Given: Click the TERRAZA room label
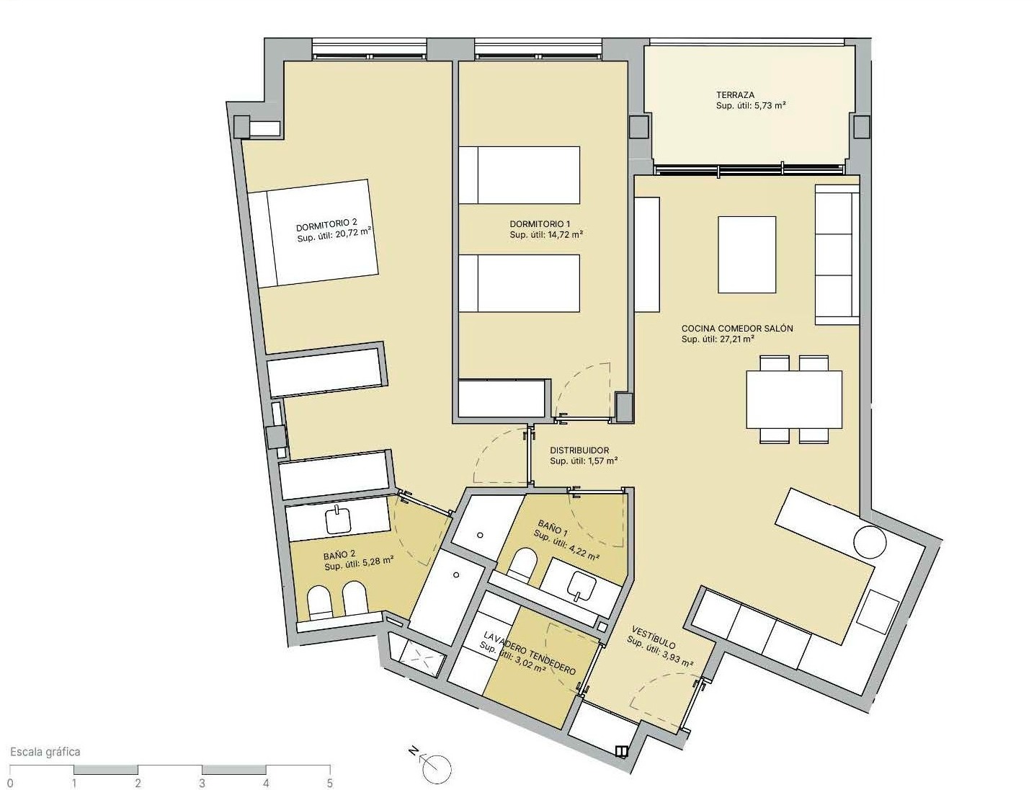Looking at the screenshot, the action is [x=735, y=95].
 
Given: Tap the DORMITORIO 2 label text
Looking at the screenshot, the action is [x=326, y=223].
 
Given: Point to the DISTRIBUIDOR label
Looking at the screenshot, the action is [x=579, y=451].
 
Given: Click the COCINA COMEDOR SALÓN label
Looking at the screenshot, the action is [x=736, y=329].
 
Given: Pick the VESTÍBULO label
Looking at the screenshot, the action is [x=653, y=637].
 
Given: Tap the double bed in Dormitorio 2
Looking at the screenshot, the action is [x=313, y=233].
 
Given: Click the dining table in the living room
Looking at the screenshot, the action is [x=794, y=399].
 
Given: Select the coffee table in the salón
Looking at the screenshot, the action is [x=746, y=254].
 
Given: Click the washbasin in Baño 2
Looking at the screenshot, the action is [x=338, y=520].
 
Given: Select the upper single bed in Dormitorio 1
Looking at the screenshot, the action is [x=519, y=174].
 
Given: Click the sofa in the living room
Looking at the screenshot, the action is [x=837, y=254].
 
